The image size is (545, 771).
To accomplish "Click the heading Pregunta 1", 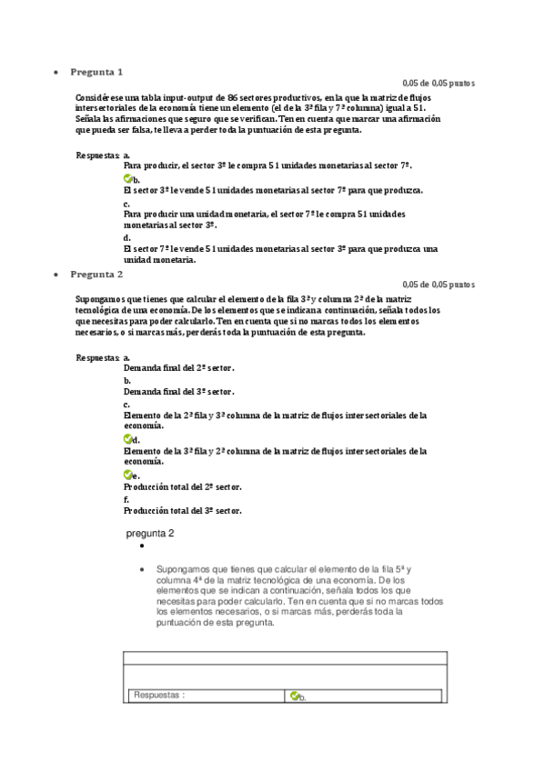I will (x=97, y=71).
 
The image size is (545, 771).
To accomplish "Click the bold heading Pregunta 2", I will (x=97, y=273).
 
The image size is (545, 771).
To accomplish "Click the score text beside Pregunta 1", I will (x=439, y=83).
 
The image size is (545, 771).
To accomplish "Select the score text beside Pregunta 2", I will (x=439, y=285).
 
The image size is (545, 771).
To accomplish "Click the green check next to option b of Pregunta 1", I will (x=127, y=179).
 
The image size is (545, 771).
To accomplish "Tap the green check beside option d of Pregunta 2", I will (x=127, y=439).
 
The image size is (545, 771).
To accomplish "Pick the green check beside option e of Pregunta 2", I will (x=127, y=475).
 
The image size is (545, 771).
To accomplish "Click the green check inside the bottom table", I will (x=294, y=696).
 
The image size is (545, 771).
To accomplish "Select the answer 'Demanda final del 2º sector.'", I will (x=178, y=368).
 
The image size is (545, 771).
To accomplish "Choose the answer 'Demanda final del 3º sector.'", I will (x=178, y=392).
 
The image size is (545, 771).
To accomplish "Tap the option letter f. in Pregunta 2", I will (x=126, y=499).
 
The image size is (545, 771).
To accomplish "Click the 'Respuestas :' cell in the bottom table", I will (x=159, y=696).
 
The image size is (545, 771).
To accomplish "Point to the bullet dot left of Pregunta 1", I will (x=56, y=72).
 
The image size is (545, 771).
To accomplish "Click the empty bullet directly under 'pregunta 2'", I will (x=143, y=549).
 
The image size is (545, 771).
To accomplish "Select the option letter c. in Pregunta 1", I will (x=126, y=203).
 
